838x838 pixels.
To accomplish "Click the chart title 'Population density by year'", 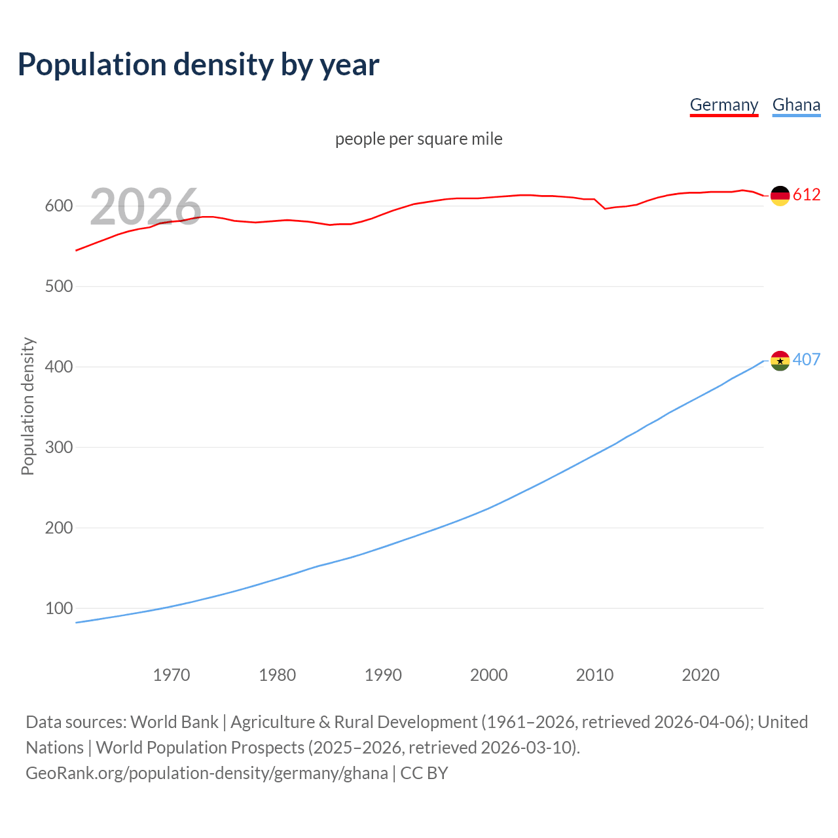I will point(198,64).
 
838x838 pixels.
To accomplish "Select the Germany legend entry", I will point(723,105).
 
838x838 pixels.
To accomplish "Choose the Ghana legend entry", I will point(796,105).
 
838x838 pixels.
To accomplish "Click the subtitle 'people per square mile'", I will point(418,139).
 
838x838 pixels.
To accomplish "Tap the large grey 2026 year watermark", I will point(145,207).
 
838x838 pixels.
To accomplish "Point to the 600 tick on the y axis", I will point(58,206).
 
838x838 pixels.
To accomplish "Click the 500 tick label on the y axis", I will point(58,287).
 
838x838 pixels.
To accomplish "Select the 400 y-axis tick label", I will point(58,367).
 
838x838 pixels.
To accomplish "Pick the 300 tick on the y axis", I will point(58,448).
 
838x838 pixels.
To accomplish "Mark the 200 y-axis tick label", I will point(58,528).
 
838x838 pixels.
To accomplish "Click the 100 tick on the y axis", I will point(58,609).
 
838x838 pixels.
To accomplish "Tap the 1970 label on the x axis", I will point(172,675).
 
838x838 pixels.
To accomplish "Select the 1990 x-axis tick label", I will point(383,675).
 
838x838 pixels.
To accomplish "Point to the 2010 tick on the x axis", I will point(594,675).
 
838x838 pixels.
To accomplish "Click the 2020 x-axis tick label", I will point(701,675).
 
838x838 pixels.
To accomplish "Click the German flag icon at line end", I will point(780,195).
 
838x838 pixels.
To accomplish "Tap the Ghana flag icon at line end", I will point(780,360).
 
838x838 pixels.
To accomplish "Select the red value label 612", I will point(807,195).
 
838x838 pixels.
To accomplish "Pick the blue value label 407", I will point(807,360).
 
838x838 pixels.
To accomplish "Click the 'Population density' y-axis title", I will point(27,406).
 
